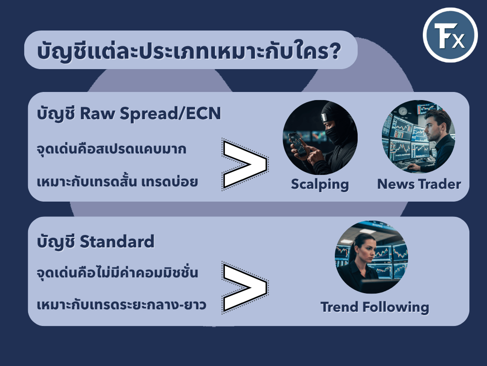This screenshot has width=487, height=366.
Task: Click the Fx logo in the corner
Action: (x=450, y=35)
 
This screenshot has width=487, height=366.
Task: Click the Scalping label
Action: (x=320, y=184)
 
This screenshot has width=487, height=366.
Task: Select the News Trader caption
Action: (x=419, y=184)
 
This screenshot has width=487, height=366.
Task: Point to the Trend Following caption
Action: (x=375, y=307)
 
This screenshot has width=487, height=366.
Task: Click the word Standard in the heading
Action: (x=117, y=242)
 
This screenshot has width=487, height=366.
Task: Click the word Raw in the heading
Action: (x=97, y=113)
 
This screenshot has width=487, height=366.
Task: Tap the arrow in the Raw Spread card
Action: (x=245, y=164)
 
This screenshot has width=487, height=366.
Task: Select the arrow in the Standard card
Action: (x=245, y=287)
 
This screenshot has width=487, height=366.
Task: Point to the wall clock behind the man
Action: (x=403, y=111)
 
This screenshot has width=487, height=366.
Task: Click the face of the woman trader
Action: (x=369, y=250)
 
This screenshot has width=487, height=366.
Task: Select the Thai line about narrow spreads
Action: (x=111, y=149)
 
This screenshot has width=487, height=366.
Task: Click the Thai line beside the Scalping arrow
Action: (x=117, y=181)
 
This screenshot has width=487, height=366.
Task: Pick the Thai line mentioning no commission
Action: (x=117, y=272)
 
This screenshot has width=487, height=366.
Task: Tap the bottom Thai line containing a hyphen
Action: (x=121, y=305)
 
